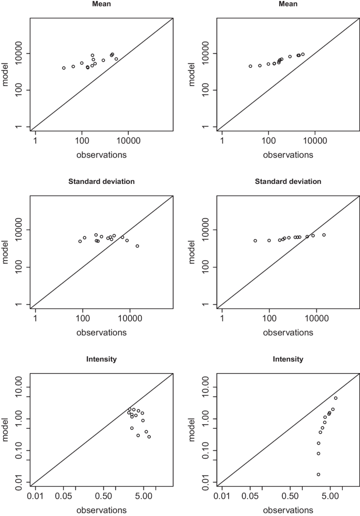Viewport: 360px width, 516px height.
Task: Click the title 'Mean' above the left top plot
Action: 101,4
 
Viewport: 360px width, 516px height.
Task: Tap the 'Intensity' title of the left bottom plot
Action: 101,359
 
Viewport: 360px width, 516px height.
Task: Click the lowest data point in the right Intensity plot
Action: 318,474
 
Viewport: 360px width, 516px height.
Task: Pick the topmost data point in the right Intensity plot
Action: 336,398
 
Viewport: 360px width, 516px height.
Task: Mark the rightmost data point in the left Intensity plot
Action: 149,437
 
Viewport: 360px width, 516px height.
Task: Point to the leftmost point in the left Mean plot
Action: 64,68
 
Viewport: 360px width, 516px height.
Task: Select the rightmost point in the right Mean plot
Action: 303,54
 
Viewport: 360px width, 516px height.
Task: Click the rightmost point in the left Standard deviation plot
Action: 137,246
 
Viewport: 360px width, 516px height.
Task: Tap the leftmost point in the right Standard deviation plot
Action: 255,241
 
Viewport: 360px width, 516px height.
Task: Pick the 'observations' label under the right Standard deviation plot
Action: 288,333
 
